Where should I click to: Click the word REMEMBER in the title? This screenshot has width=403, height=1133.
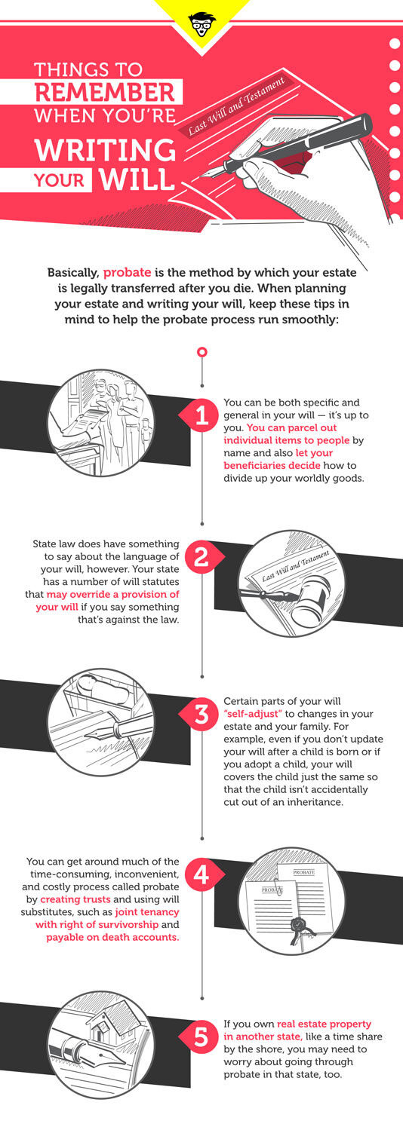point(105,92)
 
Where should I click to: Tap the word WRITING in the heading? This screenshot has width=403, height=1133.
point(106,150)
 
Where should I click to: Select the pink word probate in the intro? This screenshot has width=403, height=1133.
point(127,273)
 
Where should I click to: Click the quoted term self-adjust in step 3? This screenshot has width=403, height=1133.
point(253,714)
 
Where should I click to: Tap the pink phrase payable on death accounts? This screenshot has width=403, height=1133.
point(113,937)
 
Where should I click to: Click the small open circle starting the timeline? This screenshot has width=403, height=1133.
point(202,351)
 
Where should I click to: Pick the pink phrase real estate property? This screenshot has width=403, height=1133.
point(324,1024)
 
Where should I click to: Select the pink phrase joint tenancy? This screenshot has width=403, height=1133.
point(147,912)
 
